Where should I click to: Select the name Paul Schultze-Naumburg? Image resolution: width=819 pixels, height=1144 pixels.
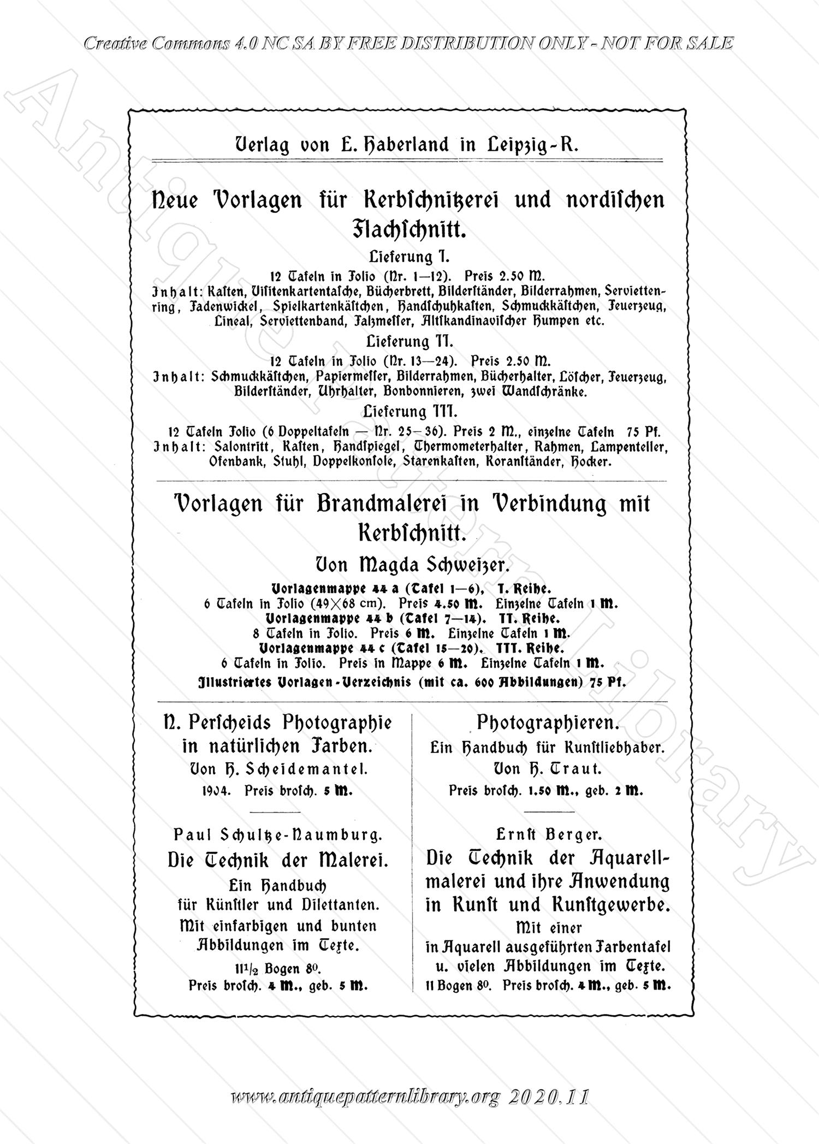click(278, 834)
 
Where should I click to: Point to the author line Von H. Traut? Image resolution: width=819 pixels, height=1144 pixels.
click(547, 769)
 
